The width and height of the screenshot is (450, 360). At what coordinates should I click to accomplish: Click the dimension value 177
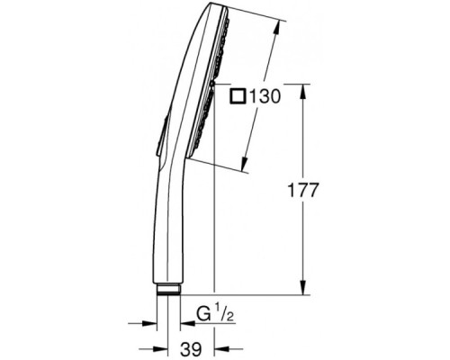pos(302,190)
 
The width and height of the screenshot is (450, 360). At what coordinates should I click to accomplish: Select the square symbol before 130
pos(238,96)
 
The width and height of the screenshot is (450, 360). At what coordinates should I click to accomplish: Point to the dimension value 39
pos(191,349)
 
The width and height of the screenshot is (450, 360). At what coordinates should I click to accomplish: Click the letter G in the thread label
pos(203,314)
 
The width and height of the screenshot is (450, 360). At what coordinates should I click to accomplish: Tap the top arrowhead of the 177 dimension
pos(303,91)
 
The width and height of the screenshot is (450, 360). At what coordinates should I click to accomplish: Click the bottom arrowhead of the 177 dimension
pos(303,288)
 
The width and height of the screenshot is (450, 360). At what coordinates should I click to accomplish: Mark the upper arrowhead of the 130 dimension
pos(277,28)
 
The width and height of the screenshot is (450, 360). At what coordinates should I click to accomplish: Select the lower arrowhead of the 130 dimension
pos(245,165)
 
